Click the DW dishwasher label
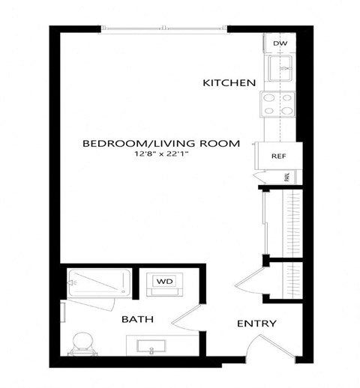pyautogui.click(x=280, y=44)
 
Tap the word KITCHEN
pyautogui.click(x=230, y=82)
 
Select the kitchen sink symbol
pyautogui.click(x=283, y=71)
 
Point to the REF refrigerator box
pyautogui.click(x=278, y=157)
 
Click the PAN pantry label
pyautogui.click(x=286, y=178)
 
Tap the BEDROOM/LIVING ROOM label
pyautogui.click(x=161, y=143)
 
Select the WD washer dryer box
pyautogui.click(x=163, y=281)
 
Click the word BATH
pyautogui.click(x=138, y=319)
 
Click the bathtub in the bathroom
pyautogui.click(x=98, y=282)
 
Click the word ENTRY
pyautogui.click(x=256, y=324)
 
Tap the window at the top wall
pyautogui.click(x=164, y=29)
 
